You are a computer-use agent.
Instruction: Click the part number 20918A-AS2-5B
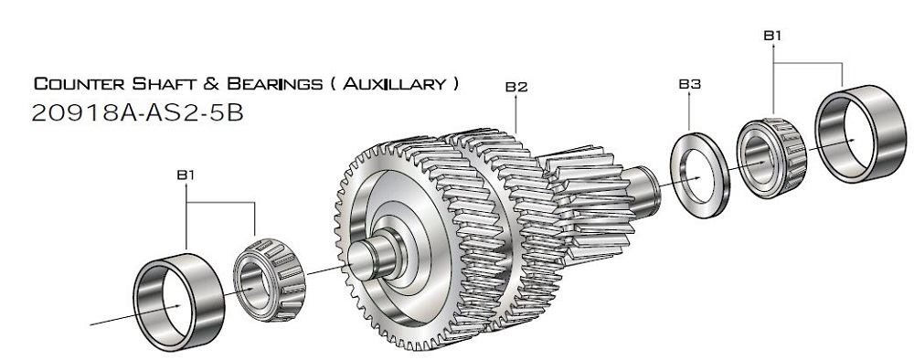pyautogui.click(x=138, y=113)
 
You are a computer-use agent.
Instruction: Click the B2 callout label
pyautogui.click(x=516, y=87)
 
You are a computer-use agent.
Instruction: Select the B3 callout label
pyautogui.click(x=689, y=84)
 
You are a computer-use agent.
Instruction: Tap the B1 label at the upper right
pyautogui.click(x=772, y=36)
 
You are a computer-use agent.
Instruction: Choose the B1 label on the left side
pyautogui.click(x=186, y=175)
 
